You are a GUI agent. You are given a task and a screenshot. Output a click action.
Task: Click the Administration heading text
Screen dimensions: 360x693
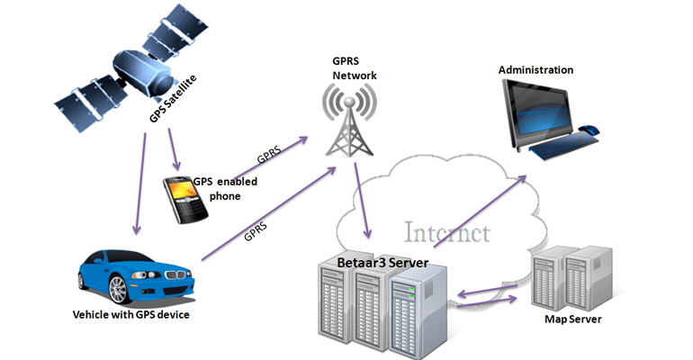[x=535, y=69]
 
